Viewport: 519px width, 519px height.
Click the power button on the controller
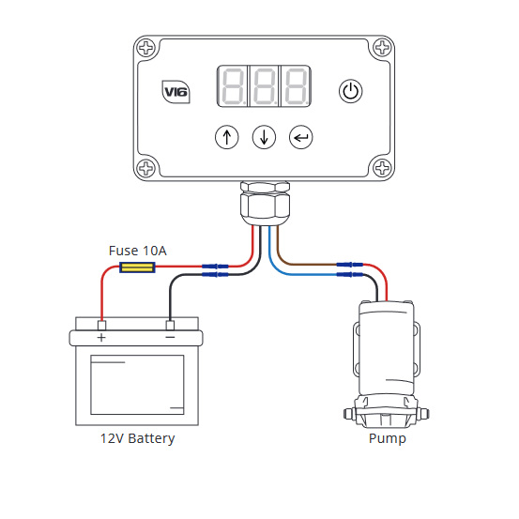coord(350,91)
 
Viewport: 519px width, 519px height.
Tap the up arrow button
coord(227,137)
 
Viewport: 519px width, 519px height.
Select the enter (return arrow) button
coord(300,137)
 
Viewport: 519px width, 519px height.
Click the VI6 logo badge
coord(176,92)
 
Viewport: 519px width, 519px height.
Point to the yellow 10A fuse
coord(137,267)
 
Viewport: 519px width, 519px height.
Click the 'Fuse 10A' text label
coord(137,251)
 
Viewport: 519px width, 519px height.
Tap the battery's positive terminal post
coord(101,325)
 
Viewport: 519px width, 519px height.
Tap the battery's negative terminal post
coord(170,325)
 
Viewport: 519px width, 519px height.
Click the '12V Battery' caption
coord(137,438)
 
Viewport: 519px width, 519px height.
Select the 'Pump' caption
coord(388,438)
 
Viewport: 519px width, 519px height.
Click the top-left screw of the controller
coord(146,47)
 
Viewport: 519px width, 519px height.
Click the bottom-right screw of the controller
coord(382,168)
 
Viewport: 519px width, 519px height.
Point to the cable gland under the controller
coord(265,203)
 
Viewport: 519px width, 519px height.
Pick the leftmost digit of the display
coord(233,86)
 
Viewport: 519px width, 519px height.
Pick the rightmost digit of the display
coord(297,86)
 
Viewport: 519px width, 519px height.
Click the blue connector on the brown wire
coord(349,265)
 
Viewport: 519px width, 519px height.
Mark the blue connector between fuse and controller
coord(215,267)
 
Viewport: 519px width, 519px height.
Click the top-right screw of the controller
coord(382,47)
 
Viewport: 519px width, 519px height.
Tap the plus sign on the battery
coord(101,338)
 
